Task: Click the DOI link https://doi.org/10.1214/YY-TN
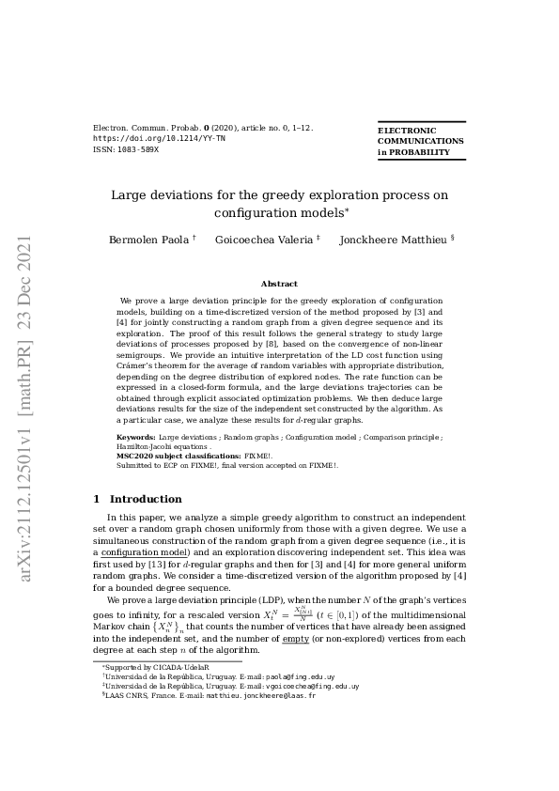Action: click(159, 138)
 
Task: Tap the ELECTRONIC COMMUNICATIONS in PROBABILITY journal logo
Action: click(420, 141)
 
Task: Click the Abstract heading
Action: click(279, 284)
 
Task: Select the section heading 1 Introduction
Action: click(138, 499)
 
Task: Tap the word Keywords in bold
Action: click(136, 438)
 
